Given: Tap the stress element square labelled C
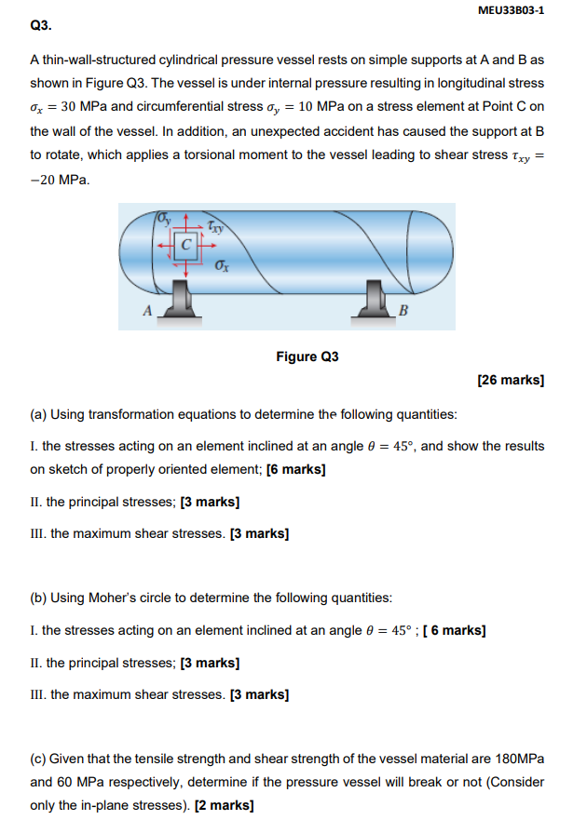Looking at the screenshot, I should point(187,247).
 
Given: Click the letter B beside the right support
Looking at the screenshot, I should point(403,310).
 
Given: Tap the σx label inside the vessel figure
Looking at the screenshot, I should point(222,266).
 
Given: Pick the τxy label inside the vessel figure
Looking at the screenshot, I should point(215,225).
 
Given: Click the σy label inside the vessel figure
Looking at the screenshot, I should point(165,220).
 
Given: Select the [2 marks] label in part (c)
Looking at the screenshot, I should point(224,805).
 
